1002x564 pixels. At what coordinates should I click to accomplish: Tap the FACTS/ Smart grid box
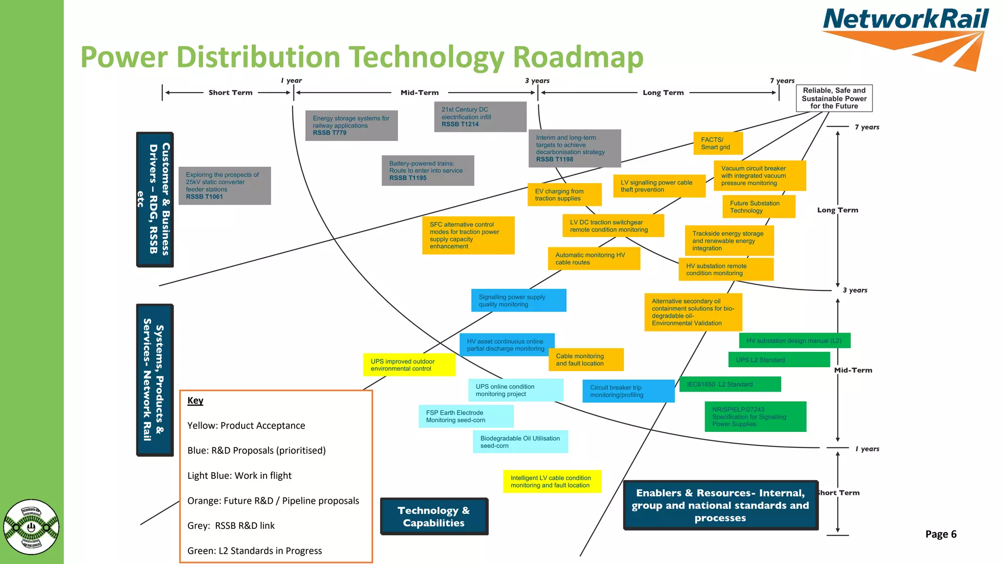718,143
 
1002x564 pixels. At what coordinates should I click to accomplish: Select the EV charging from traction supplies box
564,195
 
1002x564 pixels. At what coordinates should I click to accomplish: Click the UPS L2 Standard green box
779,360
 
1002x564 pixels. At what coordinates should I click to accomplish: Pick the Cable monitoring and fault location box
586,360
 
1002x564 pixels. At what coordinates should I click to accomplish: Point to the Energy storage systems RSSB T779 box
351,126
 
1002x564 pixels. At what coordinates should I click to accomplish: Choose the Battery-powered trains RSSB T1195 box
428,171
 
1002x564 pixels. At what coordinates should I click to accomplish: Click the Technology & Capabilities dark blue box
434,517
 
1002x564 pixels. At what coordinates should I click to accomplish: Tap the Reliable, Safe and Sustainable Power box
834,98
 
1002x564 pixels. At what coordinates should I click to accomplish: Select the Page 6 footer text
940,534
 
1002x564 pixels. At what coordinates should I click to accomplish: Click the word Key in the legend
195,400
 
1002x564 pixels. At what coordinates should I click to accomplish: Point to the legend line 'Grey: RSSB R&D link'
231,526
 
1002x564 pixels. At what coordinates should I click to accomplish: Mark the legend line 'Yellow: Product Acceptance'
246,425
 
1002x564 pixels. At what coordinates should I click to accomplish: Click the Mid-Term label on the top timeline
419,93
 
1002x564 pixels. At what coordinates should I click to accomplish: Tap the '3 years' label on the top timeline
537,81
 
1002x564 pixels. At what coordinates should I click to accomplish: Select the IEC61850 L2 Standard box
730,384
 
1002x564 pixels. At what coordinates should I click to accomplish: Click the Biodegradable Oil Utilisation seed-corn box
520,442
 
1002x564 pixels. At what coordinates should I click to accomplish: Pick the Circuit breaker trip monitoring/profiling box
628,391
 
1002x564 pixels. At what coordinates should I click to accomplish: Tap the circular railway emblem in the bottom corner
31,527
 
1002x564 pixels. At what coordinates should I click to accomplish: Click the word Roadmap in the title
578,57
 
